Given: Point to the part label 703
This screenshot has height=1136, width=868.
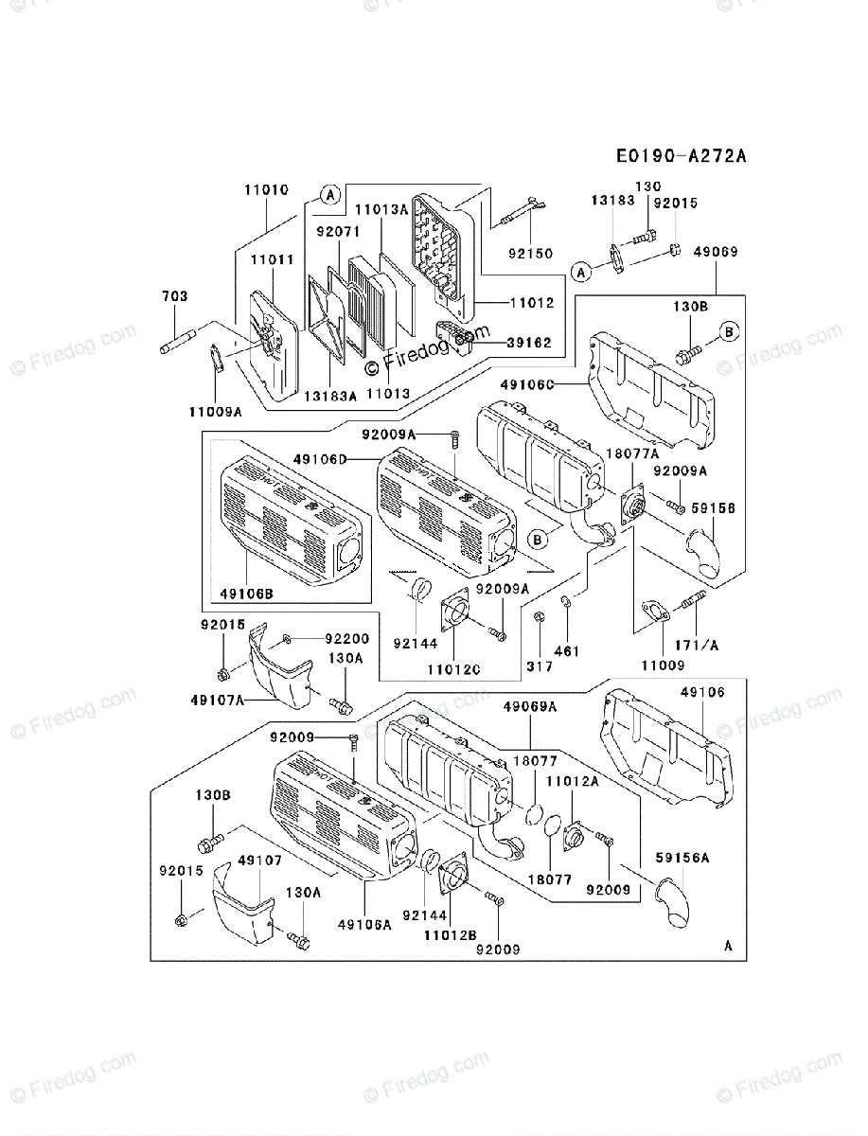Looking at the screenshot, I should pyautogui.click(x=174, y=296).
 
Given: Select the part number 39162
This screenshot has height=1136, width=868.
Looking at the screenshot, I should pyautogui.click(x=530, y=343).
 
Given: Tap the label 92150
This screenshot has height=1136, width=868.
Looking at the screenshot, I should pyautogui.click(x=529, y=254).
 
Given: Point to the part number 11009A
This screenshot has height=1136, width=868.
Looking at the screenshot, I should pyautogui.click(x=215, y=411).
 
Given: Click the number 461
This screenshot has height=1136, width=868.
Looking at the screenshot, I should pyautogui.click(x=567, y=650).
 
